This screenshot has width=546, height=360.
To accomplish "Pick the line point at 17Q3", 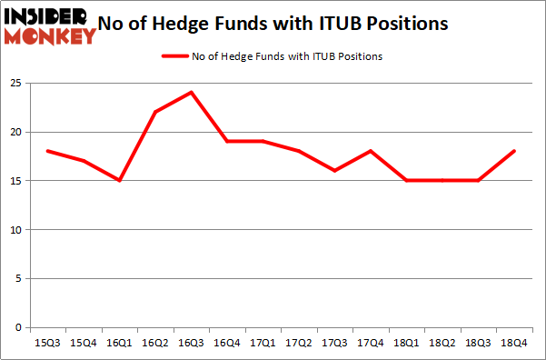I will coord(334,171).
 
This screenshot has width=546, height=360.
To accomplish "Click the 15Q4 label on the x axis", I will coord(84,344).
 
